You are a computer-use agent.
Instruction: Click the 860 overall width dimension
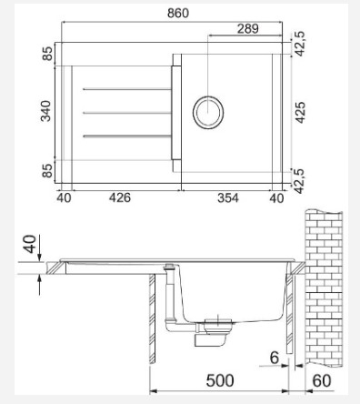click(x=178, y=13)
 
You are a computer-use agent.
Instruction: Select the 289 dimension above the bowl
click(x=248, y=29)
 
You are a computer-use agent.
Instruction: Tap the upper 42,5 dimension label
click(x=300, y=44)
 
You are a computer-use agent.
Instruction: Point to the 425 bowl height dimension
click(x=300, y=113)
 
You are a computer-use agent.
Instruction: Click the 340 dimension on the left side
click(x=45, y=111)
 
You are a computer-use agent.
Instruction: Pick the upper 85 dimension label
click(x=47, y=54)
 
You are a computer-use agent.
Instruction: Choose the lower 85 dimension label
click(x=47, y=171)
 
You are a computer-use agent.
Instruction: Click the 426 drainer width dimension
click(x=120, y=197)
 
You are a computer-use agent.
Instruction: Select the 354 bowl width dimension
click(x=228, y=198)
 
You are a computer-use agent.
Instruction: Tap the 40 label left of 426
click(x=64, y=198)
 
